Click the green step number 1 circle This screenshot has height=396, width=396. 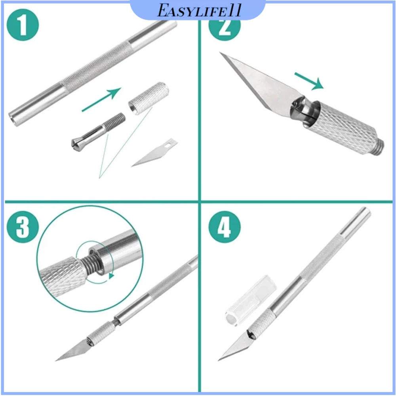point(23,25)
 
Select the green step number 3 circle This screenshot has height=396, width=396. point(23,227)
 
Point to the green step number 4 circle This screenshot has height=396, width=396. point(225,227)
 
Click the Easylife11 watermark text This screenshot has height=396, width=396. point(199,11)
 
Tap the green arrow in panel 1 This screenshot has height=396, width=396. point(101,99)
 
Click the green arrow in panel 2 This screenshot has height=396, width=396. point(309,81)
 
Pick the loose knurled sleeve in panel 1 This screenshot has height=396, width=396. point(148,98)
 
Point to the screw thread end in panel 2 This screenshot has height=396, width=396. point(380,148)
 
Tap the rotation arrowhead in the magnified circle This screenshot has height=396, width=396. point(111,276)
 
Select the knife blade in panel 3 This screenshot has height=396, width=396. point(73,350)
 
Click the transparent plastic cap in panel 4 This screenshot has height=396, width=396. point(250,301)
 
